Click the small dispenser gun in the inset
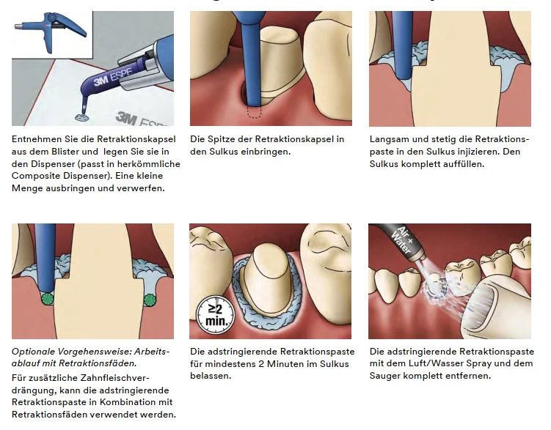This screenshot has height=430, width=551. point(51,31)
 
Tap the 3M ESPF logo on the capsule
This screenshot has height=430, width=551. point(112,78)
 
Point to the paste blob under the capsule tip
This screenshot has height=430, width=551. point(82,117)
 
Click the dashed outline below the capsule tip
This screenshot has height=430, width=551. point(254,112)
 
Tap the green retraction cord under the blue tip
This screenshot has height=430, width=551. point(47,299)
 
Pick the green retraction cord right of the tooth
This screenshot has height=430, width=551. point(150,300)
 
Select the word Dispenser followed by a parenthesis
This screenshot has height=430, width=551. point(55,164)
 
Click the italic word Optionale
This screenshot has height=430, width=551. point(33,352)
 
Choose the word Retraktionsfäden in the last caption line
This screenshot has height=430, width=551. point(43,414)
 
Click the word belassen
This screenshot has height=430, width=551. point(211,376)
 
